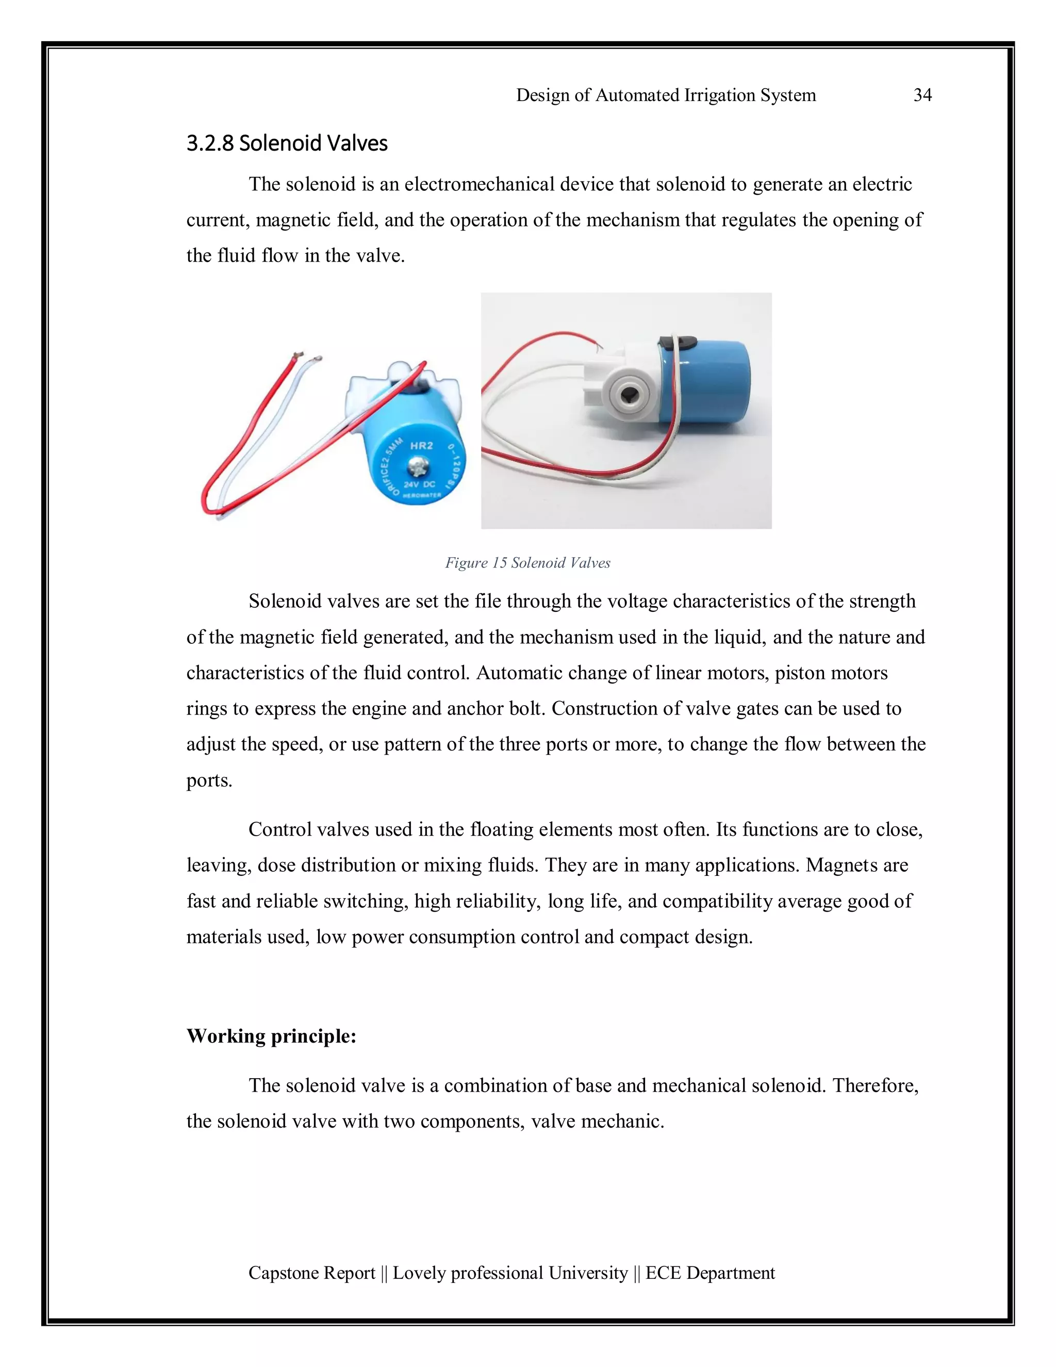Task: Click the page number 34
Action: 922,95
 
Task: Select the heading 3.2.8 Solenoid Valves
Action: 287,143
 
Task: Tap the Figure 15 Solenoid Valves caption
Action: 527,563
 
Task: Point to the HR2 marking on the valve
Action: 421,446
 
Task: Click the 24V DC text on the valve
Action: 419,484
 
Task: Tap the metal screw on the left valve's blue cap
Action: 418,466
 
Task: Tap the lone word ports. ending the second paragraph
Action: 209,780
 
